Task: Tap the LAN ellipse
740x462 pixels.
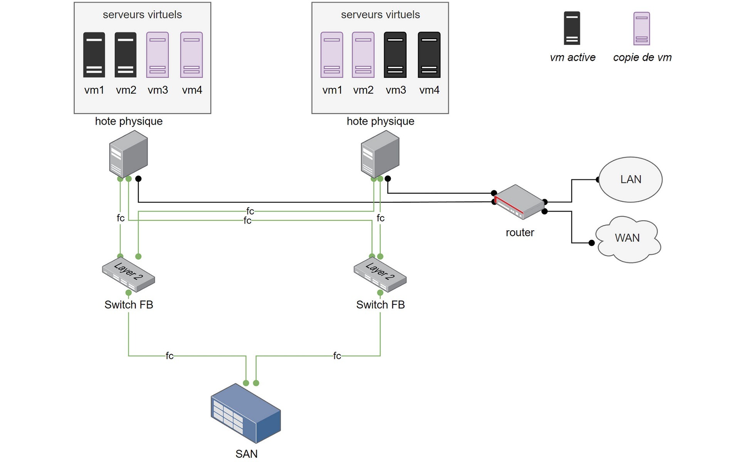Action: tap(631, 179)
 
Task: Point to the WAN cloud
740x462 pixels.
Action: tap(628, 239)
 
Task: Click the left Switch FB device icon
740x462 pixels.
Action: tap(128, 275)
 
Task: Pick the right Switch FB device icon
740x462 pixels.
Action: tap(380, 275)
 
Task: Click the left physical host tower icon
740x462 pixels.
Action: tap(128, 154)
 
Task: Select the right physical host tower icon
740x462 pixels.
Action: tap(380, 154)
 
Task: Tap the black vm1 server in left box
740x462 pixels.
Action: tap(94, 55)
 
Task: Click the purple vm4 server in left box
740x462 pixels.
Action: tap(192, 55)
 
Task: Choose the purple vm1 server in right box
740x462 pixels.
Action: tap(331, 55)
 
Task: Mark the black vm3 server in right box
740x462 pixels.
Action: tap(395, 55)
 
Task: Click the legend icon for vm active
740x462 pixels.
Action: tap(572, 28)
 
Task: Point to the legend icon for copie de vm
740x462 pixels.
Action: tap(642, 28)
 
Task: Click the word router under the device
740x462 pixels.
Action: tap(520, 233)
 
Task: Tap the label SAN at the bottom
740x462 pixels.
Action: tap(246, 454)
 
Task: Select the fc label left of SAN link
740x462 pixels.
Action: tap(170, 356)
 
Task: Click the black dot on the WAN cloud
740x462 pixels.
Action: tap(592, 243)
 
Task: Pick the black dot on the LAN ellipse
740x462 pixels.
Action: tap(598, 180)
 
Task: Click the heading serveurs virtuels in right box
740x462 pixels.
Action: tap(380, 15)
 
